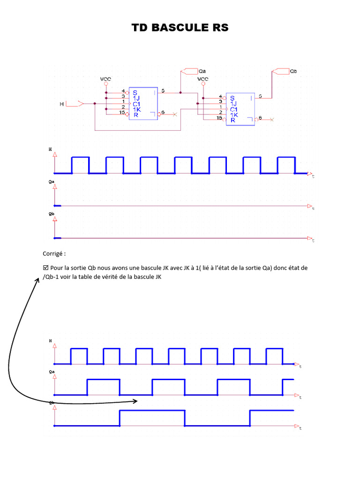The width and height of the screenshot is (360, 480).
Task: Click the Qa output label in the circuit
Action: (x=202, y=71)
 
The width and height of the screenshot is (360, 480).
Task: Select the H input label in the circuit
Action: (x=61, y=104)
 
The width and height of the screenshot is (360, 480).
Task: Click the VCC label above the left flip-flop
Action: (x=105, y=79)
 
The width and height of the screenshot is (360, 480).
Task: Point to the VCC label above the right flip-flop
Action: (x=202, y=79)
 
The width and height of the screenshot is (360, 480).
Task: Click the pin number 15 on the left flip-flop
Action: (x=122, y=113)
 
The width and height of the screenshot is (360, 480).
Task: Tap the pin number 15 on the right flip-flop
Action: (x=219, y=118)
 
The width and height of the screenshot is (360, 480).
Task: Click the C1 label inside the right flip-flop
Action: (x=233, y=109)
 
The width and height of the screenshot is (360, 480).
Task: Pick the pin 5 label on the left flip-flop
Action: (x=163, y=90)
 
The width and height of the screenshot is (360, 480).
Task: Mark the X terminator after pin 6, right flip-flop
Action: (x=272, y=120)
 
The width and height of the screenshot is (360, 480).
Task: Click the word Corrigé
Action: (x=54, y=253)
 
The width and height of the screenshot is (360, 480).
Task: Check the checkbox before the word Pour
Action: (x=45, y=268)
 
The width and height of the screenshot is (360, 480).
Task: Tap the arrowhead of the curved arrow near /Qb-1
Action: (x=38, y=279)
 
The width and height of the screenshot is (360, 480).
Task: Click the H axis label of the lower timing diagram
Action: (x=51, y=341)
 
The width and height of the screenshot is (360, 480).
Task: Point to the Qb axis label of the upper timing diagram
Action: (x=51, y=214)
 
